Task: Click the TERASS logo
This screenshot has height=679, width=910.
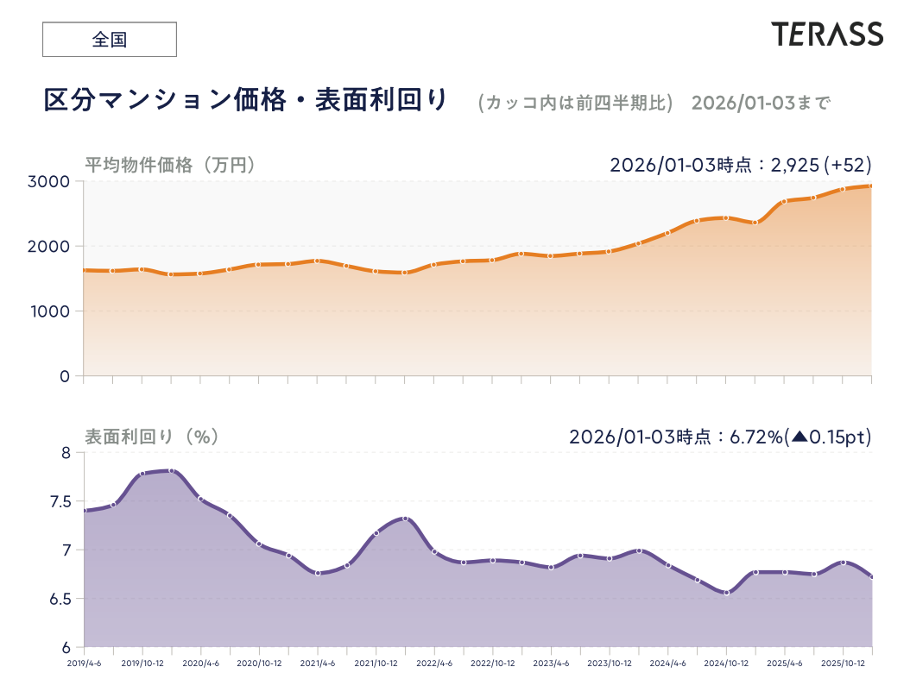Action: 827,35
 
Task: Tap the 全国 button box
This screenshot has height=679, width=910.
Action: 110,40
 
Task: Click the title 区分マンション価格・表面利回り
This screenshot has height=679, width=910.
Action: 246,100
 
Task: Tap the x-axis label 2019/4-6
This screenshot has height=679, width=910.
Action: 85,663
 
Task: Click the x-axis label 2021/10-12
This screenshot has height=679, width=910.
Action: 376,663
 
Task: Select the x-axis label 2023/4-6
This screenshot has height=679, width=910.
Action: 551,663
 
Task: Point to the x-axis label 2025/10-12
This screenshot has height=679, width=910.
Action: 843,663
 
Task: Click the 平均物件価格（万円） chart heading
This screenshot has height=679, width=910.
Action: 170,164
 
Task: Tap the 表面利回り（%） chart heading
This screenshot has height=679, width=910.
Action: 151,437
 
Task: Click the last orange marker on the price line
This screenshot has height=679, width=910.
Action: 871,185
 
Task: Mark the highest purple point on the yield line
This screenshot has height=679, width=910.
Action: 172,470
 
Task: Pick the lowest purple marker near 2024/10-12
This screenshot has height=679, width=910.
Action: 726,593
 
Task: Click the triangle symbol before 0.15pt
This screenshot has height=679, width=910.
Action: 799,437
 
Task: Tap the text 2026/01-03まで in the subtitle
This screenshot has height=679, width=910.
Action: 761,103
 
